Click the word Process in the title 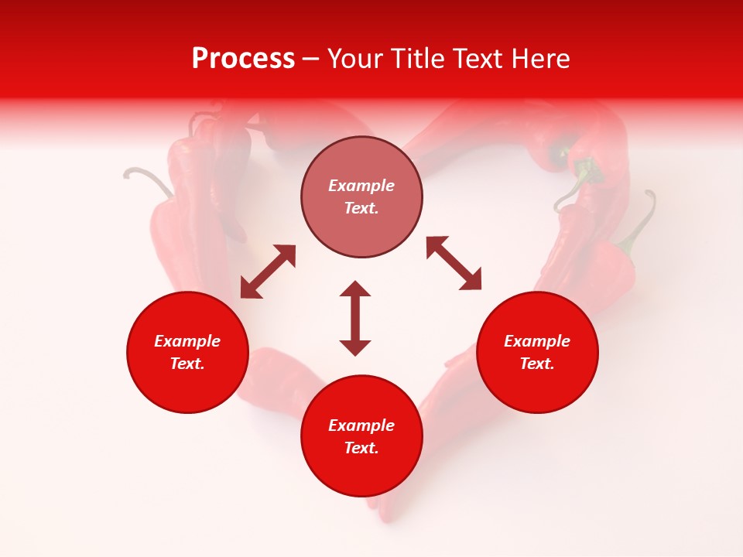click(x=243, y=59)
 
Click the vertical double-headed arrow click(x=355, y=318)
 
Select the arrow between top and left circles click(x=268, y=272)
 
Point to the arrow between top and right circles click(x=454, y=263)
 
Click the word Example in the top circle click(x=361, y=186)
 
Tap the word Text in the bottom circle click(x=361, y=448)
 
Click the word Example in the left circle click(x=187, y=341)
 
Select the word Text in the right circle click(x=537, y=364)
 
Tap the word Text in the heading click(x=475, y=59)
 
